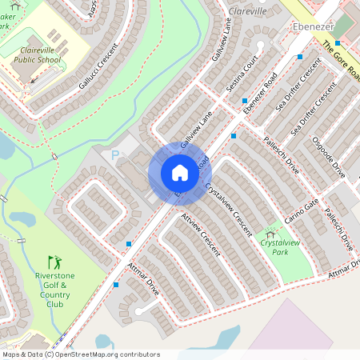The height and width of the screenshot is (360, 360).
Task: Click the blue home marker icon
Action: pyautogui.click(x=179, y=173)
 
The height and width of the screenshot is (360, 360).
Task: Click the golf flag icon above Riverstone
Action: pyautogui.click(x=54, y=262)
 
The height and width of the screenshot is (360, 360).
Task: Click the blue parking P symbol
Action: pyautogui.click(x=114, y=154)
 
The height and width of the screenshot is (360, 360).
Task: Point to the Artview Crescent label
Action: pyautogui.click(x=199, y=232)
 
